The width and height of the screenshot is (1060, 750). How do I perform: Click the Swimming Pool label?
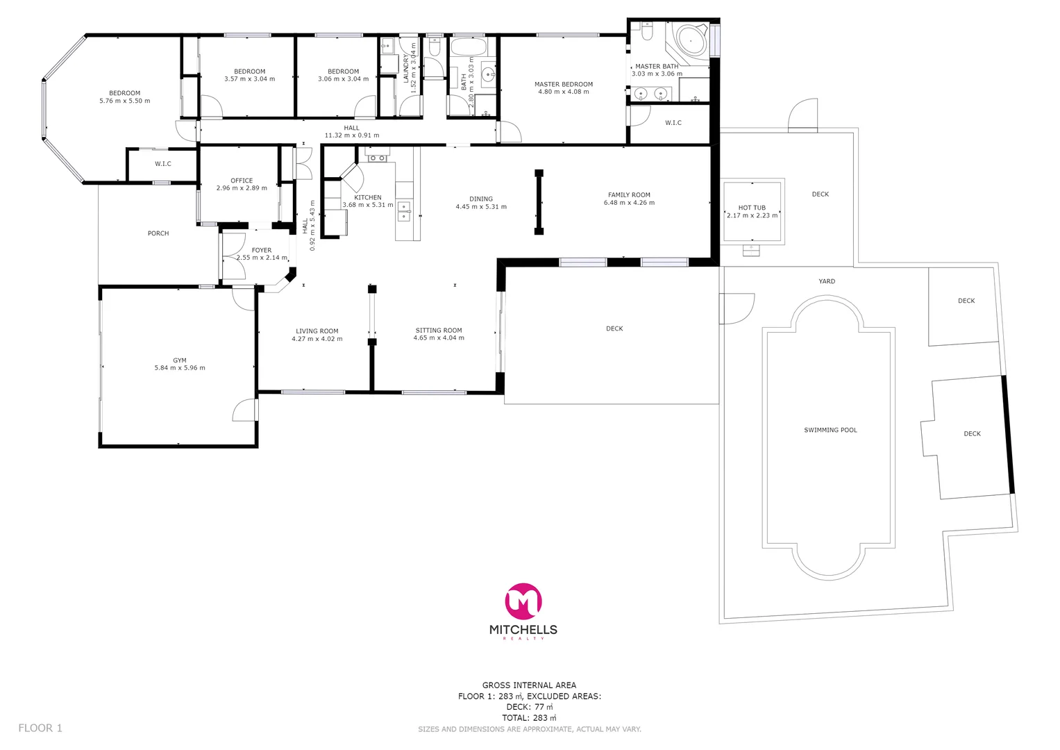point(830,430)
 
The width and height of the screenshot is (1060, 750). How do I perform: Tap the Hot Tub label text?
point(752,208)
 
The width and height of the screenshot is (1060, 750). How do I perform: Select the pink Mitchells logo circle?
point(523,601)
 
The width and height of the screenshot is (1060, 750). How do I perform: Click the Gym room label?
point(180,360)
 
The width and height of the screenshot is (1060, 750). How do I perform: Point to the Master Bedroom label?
point(563,84)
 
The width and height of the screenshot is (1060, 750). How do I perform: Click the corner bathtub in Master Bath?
point(689,41)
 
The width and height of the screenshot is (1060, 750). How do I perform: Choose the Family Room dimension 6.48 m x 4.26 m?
point(629,203)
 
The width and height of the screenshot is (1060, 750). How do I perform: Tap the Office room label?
point(242,181)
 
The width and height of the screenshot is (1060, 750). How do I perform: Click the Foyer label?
point(262,250)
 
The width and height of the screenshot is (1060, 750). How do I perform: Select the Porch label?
point(158,233)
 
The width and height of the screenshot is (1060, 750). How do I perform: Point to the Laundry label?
point(406,68)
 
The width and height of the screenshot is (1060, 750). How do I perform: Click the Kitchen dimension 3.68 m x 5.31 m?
point(367,205)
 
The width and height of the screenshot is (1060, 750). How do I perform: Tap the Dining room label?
point(481,199)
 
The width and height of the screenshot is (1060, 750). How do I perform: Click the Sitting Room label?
point(439,331)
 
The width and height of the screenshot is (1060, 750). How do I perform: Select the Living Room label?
point(317,331)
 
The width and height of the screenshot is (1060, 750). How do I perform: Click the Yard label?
point(827,281)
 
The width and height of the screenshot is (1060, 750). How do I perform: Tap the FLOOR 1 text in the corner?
point(40,728)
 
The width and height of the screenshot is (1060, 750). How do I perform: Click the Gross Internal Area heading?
point(529,685)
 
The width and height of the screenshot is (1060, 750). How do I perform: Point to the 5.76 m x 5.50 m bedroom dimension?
point(125,101)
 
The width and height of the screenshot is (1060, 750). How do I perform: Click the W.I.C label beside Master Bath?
point(673,123)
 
